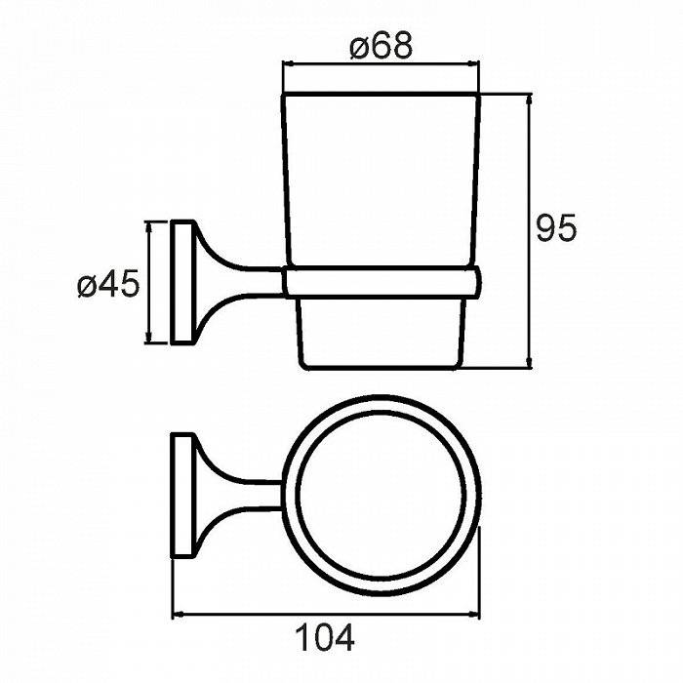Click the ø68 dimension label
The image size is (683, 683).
(x=381, y=46)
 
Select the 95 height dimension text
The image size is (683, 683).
(x=556, y=227)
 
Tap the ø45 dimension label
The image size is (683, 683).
(x=108, y=284)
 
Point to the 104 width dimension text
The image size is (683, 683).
(x=325, y=638)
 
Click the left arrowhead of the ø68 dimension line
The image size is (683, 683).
(x=288, y=64)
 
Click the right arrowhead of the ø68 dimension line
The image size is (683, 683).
(x=474, y=64)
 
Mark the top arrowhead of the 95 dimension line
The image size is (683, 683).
(x=529, y=100)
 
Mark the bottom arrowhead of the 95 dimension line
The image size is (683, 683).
(x=529, y=364)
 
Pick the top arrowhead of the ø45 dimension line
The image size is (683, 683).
(x=149, y=227)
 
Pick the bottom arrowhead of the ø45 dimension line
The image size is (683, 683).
(x=149, y=338)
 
